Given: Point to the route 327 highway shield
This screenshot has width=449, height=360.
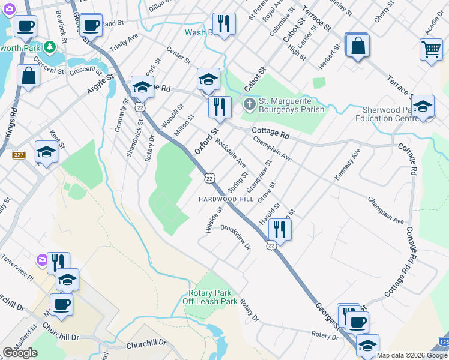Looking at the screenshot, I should point(19,155).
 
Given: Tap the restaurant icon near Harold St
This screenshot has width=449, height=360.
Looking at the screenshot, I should point(280,229).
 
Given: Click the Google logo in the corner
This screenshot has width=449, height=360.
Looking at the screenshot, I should point(20,353).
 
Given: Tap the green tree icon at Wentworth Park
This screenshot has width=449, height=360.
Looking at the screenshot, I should point(51,46).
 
